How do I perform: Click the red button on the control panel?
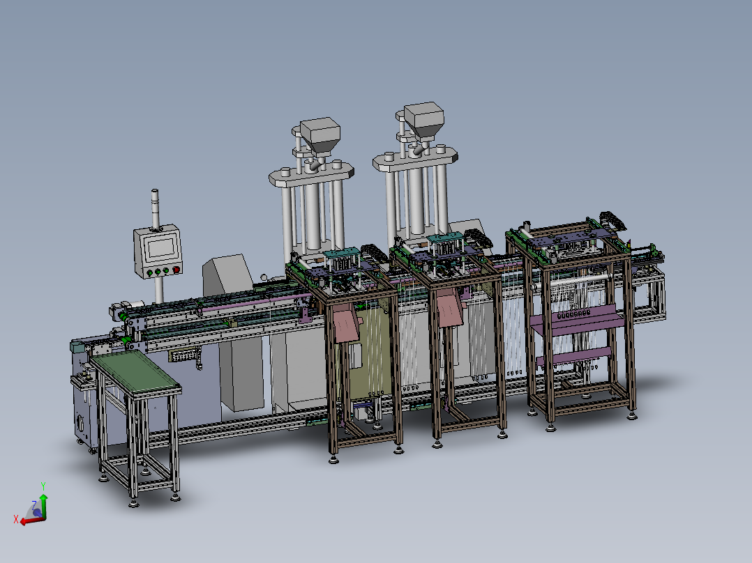(x=176, y=269)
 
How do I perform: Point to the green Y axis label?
(x=43, y=486)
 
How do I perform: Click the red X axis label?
(x=15, y=519)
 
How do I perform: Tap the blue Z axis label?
(x=33, y=504)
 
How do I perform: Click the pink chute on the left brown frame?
(x=345, y=324)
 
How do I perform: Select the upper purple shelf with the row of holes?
(x=575, y=317)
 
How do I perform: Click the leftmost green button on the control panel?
(x=148, y=273)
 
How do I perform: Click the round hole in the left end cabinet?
(x=80, y=422)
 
